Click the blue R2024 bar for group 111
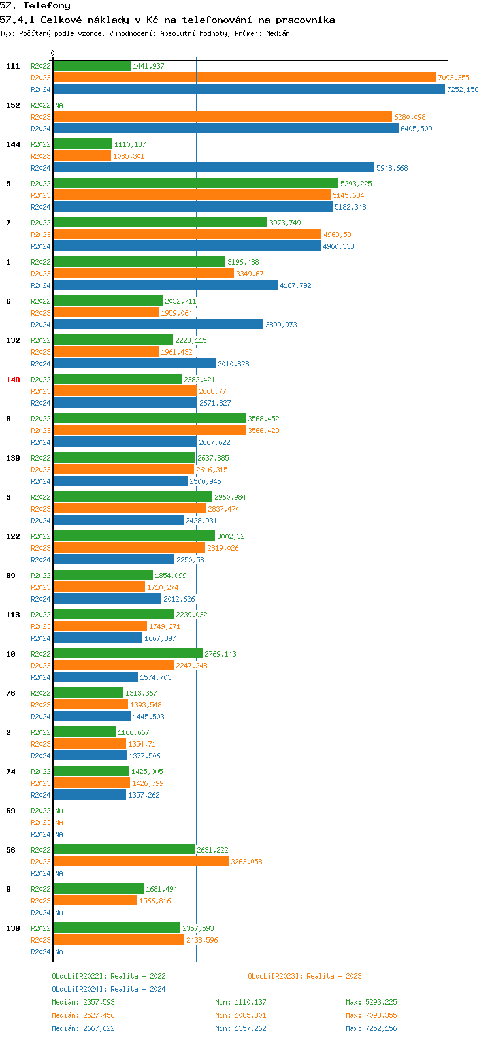click(248, 89)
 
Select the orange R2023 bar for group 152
click(222, 117)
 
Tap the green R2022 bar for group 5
click(195, 184)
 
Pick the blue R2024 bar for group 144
click(213, 168)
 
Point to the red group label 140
click(12, 380)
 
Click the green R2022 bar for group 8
click(149, 419)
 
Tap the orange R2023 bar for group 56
click(140, 862)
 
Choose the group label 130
click(12, 928)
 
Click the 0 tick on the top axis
click(53, 54)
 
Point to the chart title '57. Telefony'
click(35, 6)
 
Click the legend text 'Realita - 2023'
click(334, 976)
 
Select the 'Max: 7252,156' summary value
click(371, 1028)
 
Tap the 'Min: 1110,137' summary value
click(240, 1002)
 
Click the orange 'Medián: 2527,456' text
click(83, 1015)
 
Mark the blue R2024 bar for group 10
click(95, 677)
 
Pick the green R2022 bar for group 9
click(98, 889)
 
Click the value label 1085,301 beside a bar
click(129, 156)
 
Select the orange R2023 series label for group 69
click(41, 822)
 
